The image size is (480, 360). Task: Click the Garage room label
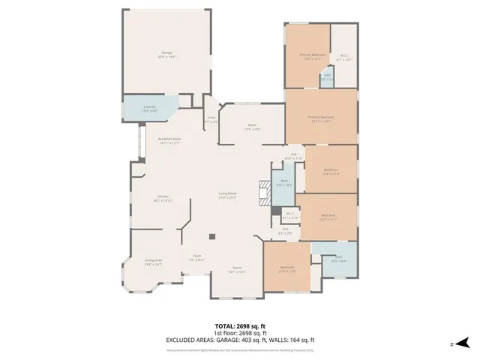coord(166,53)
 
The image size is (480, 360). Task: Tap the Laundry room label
coord(150,108)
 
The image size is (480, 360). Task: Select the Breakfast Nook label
coord(169,140)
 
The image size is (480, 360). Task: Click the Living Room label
coord(227,196)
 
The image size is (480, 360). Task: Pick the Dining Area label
coord(153,262)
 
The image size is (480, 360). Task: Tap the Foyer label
coord(196,258)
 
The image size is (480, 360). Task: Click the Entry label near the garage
coord(211,119)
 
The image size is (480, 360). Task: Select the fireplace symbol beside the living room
coord(262,193)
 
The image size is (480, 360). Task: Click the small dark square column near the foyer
coord(213,238)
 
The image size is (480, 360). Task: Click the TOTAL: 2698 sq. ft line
coord(239,325)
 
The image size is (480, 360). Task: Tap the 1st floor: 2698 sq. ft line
coord(239,331)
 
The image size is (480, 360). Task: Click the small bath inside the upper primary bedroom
coord(328,77)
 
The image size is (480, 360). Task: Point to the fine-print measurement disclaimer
coord(239,349)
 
